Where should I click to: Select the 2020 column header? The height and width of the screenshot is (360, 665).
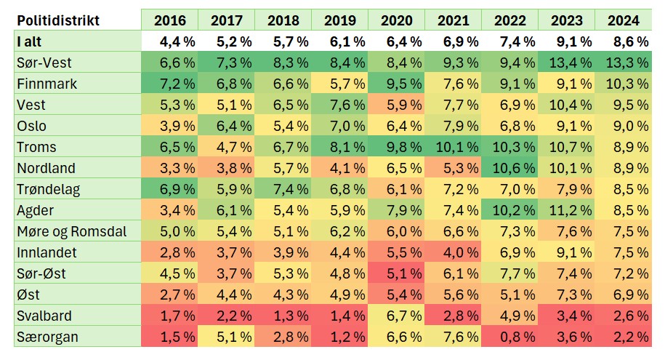click(x=396, y=20)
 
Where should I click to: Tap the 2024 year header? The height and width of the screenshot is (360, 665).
click(x=623, y=20)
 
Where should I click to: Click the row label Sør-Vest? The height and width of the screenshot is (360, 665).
click(x=44, y=63)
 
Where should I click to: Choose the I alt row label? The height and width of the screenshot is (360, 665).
click(x=30, y=41)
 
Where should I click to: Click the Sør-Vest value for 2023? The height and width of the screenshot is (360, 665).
click(x=566, y=63)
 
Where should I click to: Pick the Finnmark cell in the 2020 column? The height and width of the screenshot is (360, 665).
click(x=396, y=84)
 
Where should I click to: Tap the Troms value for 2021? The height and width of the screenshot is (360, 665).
click(x=453, y=147)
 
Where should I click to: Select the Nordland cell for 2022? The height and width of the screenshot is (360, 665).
click(x=509, y=168)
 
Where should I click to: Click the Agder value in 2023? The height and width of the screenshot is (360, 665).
click(x=566, y=210)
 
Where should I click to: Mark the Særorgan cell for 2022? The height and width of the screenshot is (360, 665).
click(x=509, y=337)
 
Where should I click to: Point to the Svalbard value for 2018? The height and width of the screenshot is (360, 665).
click(x=283, y=316)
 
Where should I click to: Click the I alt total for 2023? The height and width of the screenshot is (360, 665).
click(x=566, y=41)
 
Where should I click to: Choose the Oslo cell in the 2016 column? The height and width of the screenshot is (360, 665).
click(x=169, y=126)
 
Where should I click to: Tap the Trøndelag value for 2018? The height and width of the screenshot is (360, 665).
click(x=283, y=189)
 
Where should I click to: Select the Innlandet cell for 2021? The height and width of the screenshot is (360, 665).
click(x=453, y=252)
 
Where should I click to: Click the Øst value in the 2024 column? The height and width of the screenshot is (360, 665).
click(x=623, y=295)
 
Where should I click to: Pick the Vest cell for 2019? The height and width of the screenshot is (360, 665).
click(x=339, y=105)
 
